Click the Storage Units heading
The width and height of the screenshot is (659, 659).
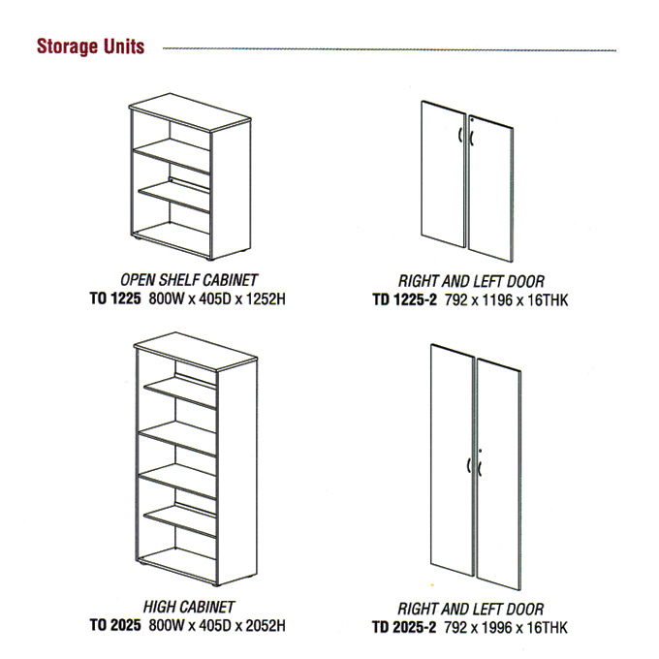click(91, 47)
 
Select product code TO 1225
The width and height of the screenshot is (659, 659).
click(115, 298)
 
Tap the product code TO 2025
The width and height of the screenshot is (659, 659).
click(115, 625)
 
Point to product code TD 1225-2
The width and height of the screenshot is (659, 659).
click(405, 300)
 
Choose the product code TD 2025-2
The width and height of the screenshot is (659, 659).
click(404, 627)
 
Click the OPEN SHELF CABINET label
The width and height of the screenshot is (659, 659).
click(189, 280)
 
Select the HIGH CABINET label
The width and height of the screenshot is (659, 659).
click(189, 607)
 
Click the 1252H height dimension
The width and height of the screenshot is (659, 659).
click(266, 298)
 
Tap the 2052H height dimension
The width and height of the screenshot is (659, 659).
click(266, 625)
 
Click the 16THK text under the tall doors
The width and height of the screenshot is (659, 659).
click(547, 627)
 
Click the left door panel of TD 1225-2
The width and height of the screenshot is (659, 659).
click(444, 174)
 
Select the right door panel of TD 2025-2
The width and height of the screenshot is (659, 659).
click(499, 475)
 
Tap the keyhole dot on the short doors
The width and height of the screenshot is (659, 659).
click(472, 120)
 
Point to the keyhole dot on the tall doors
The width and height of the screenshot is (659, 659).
click(481, 451)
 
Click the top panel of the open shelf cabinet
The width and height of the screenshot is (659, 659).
click(190, 111)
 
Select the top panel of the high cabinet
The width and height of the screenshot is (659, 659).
click(196, 352)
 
